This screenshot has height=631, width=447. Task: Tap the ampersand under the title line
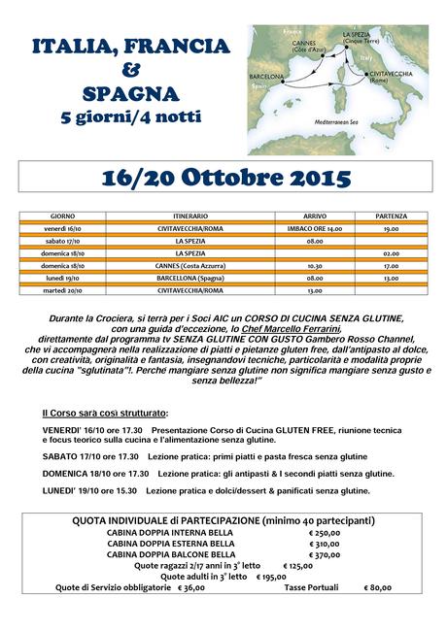coord(130,71)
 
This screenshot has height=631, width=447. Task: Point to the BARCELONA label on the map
coord(266,75)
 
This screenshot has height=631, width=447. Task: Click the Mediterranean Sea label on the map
coord(337,120)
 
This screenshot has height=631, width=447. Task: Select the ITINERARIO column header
coord(189,216)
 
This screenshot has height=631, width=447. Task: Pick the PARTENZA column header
coord(391,216)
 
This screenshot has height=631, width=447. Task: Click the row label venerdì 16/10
coord(68,228)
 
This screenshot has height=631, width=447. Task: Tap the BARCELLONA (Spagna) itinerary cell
coord(189,278)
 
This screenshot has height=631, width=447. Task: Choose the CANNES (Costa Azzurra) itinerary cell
coord(189,265)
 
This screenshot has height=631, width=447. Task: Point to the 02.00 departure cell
coord(391,252)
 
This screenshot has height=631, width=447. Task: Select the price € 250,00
coord(325,533)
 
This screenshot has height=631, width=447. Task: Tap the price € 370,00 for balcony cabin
coord(325,554)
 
